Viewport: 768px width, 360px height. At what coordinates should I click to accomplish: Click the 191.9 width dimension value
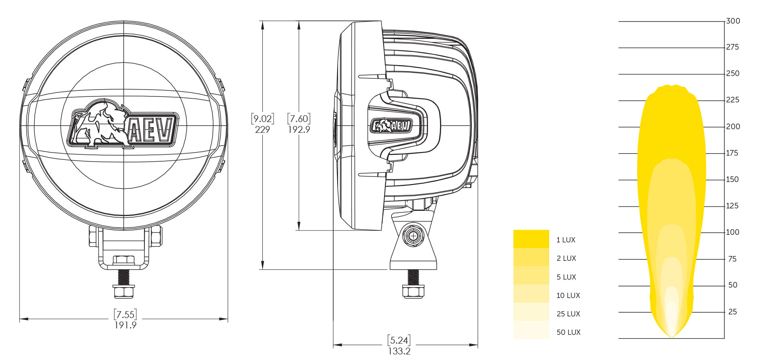click(x=125, y=325)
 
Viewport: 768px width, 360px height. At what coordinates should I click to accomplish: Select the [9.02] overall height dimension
click(x=262, y=119)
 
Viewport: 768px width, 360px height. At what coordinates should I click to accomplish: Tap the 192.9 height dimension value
click(x=299, y=130)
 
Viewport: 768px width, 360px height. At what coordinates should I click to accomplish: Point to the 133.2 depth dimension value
click(x=399, y=351)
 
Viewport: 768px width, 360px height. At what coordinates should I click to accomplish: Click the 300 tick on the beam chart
click(x=733, y=21)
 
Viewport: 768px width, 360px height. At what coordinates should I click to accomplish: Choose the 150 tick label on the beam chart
click(x=732, y=180)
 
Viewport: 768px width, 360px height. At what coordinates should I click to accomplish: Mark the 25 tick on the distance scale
click(x=732, y=312)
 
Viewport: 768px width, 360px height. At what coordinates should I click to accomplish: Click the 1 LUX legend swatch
click(x=531, y=239)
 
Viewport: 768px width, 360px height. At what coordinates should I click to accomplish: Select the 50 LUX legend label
click(x=568, y=332)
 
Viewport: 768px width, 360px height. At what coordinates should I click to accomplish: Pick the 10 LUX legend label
click(x=568, y=296)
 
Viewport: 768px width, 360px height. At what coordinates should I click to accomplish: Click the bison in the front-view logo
click(x=100, y=124)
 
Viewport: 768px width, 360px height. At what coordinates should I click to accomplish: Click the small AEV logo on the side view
click(x=391, y=126)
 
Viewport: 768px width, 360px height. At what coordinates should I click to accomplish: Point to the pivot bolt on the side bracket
click(x=413, y=236)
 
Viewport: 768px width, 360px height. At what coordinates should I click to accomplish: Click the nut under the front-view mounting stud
click(x=124, y=292)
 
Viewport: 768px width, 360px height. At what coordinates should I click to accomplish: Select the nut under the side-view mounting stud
click(x=413, y=292)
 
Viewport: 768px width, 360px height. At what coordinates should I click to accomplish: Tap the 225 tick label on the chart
click(x=732, y=100)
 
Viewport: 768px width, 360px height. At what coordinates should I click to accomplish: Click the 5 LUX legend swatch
click(x=531, y=276)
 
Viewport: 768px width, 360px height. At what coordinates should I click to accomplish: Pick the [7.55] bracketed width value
click(x=125, y=314)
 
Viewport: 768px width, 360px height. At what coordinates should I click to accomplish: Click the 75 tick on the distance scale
click(x=732, y=259)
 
